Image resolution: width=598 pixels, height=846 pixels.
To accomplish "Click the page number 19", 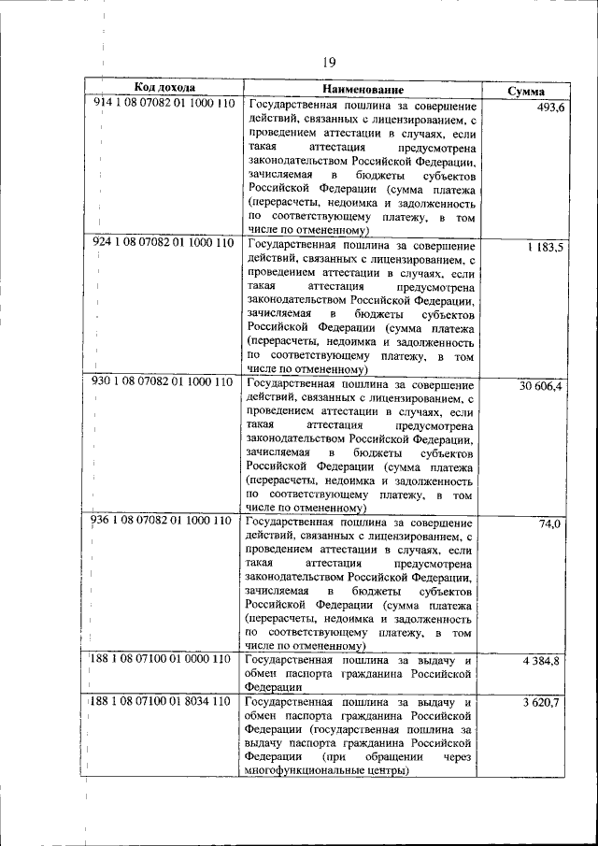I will pyautogui.click(x=329, y=62).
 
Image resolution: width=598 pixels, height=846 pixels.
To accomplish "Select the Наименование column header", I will pyautogui.click(x=363, y=89).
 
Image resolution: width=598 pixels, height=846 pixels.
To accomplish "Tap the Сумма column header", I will pyautogui.click(x=527, y=92).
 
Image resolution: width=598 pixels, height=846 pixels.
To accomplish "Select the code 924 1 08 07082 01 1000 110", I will pyautogui.click(x=164, y=242).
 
